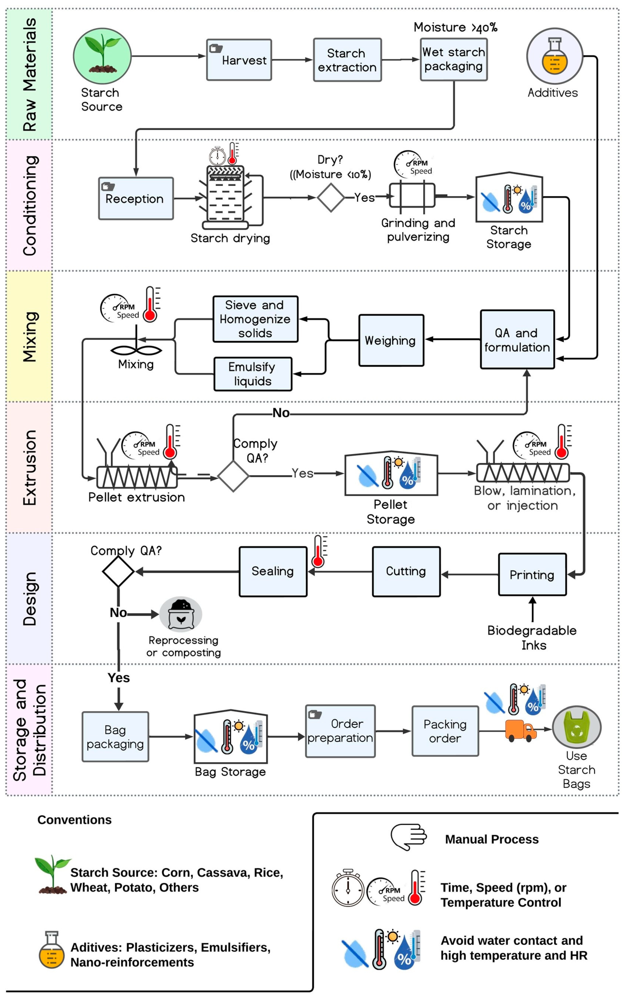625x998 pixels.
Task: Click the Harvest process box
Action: pos(239,60)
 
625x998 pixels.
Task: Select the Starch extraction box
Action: pos(347,60)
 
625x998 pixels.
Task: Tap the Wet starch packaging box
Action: pos(453,59)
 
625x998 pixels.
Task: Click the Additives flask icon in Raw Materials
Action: pos(554,56)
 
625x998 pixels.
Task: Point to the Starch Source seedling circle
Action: pos(102,56)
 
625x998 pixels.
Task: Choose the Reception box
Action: pos(135,198)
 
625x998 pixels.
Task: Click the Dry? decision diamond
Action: pos(331,198)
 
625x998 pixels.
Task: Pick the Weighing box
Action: pos(391,340)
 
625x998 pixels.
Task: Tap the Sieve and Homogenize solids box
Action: pos(255,319)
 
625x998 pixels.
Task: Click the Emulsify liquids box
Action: pos(253,374)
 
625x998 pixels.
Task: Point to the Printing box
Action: pos(532,575)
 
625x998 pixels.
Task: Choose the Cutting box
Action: pos(406,572)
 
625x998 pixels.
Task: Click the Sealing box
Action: pos(273,572)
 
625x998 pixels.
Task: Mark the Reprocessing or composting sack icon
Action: pos(181,614)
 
